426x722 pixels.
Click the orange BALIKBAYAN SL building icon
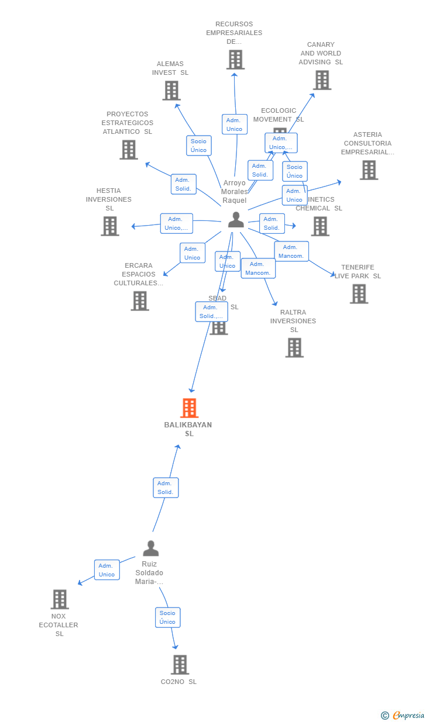point(189,408)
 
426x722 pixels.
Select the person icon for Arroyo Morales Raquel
point(236,220)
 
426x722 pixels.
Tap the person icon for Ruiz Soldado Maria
point(151,548)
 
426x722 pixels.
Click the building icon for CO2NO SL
point(180,665)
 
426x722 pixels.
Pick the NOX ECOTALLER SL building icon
point(60,599)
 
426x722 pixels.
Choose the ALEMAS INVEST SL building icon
point(171,91)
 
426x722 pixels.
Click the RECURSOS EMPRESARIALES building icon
point(235,60)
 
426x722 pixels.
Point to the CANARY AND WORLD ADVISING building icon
point(322,80)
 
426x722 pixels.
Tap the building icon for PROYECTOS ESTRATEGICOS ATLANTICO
point(129,150)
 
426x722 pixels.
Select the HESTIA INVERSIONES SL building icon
point(109,226)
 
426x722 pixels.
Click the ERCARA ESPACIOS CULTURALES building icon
point(139,301)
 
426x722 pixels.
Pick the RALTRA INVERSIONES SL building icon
point(294,348)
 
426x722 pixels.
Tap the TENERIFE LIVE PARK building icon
point(359,293)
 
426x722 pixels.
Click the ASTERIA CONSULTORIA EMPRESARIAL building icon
point(368,170)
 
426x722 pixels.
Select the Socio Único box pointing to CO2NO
point(167,617)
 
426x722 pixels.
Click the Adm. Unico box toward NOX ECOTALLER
point(106,570)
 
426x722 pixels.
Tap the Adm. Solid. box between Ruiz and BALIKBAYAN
point(166,488)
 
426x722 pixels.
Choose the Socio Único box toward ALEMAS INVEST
point(198,146)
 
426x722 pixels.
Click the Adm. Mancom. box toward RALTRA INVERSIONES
point(258,268)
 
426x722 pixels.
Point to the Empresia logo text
point(407,715)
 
